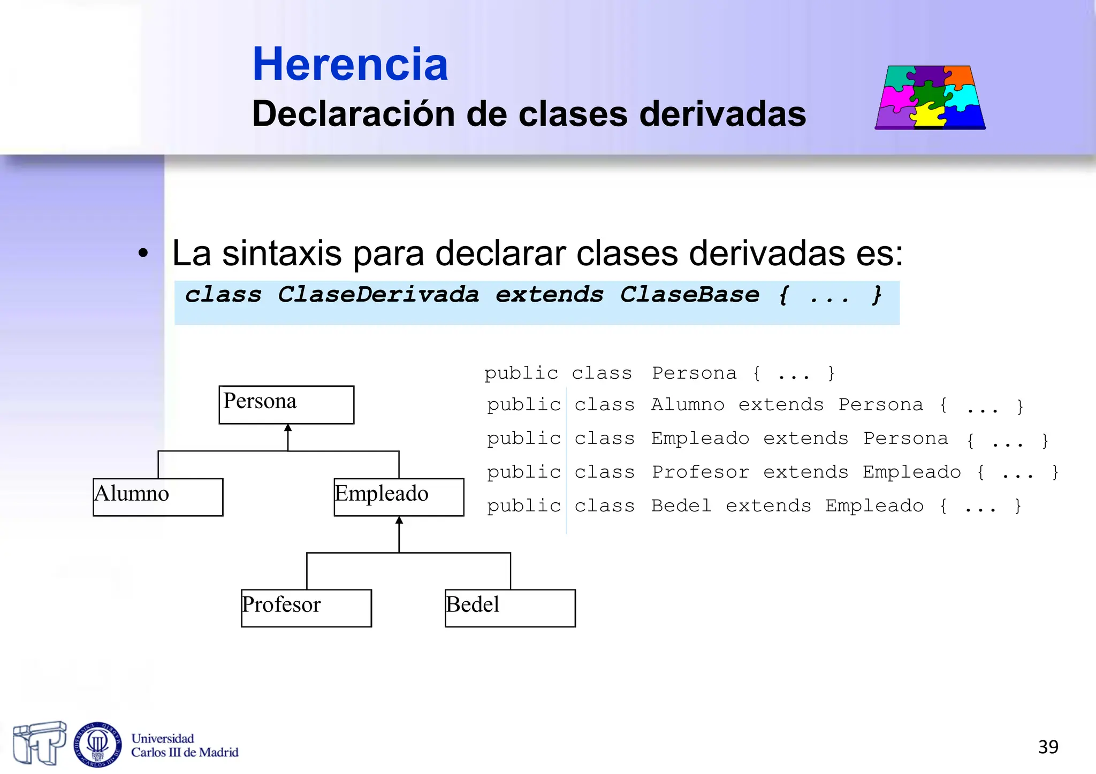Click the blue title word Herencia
point(350,64)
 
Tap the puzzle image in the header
point(930,97)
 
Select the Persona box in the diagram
point(286,404)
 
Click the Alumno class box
point(158,497)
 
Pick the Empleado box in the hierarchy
point(399,497)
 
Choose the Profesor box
point(306,608)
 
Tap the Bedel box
point(510,608)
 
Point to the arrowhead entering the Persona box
point(288,428)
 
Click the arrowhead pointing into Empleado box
point(399,520)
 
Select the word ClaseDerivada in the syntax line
point(378,295)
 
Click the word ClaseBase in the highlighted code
point(689,295)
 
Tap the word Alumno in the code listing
point(688,405)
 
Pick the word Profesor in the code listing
point(700,472)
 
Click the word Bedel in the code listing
point(681,506)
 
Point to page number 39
point(1048,747)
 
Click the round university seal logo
point(97,744)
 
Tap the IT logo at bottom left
point(39,743)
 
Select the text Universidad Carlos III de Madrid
point(184,746)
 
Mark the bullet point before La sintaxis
point(142,254)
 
